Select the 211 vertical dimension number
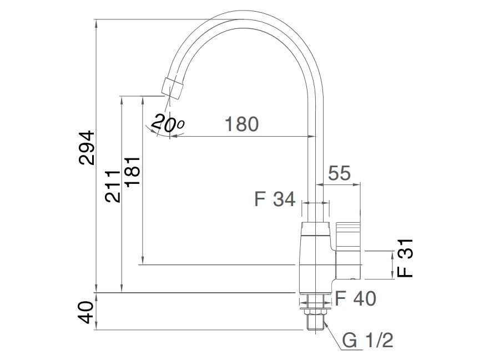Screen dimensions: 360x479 (113, 186)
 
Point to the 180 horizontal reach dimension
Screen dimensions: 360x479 (241, 124)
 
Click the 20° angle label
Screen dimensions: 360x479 (167, 123)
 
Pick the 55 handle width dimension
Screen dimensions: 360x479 (339, 173)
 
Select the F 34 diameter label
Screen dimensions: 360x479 (275, 199)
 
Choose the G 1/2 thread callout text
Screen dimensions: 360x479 (367, 340)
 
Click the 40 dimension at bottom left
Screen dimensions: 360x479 (86, 312)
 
